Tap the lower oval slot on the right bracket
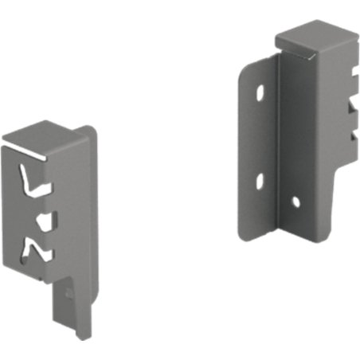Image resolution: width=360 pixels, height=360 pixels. [x=260, y=181]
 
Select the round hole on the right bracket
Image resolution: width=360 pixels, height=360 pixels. [x=295, y=202]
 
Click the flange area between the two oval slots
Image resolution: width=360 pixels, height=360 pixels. [x=260, y=135]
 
